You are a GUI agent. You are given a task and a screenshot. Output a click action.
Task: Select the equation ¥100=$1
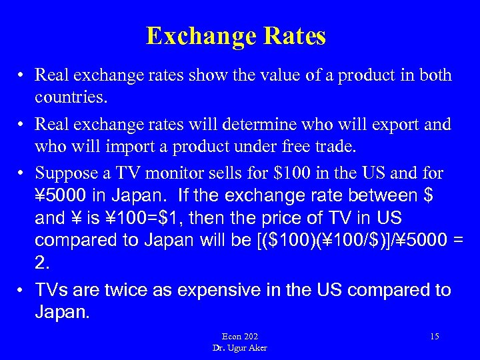131,219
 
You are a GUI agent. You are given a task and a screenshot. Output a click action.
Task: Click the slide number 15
434,336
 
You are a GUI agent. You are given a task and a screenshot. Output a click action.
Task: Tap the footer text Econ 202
240,336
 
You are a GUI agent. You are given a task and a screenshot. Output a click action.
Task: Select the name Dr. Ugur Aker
240,347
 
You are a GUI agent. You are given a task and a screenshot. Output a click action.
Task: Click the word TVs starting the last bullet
51,290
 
